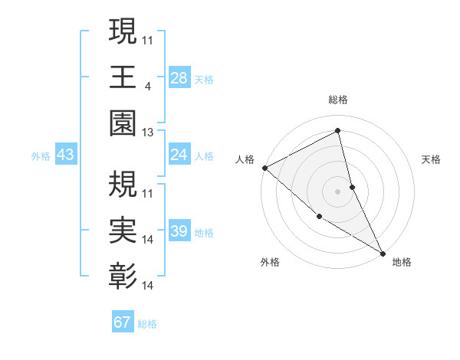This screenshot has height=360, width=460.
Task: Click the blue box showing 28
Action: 179,77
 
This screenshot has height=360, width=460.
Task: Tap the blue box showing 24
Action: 179,155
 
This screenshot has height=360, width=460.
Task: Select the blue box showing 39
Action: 179,231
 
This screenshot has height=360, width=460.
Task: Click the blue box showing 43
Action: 65,155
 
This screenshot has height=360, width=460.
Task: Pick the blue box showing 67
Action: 122,322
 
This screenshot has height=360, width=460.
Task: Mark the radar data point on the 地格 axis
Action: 382,252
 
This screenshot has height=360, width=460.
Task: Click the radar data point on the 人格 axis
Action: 264,168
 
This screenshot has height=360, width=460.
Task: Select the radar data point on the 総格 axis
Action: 338,131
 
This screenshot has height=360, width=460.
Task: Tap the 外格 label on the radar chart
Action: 270,263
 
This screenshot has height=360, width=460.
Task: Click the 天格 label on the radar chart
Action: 432,159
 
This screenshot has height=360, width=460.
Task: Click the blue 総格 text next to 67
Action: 147,324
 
